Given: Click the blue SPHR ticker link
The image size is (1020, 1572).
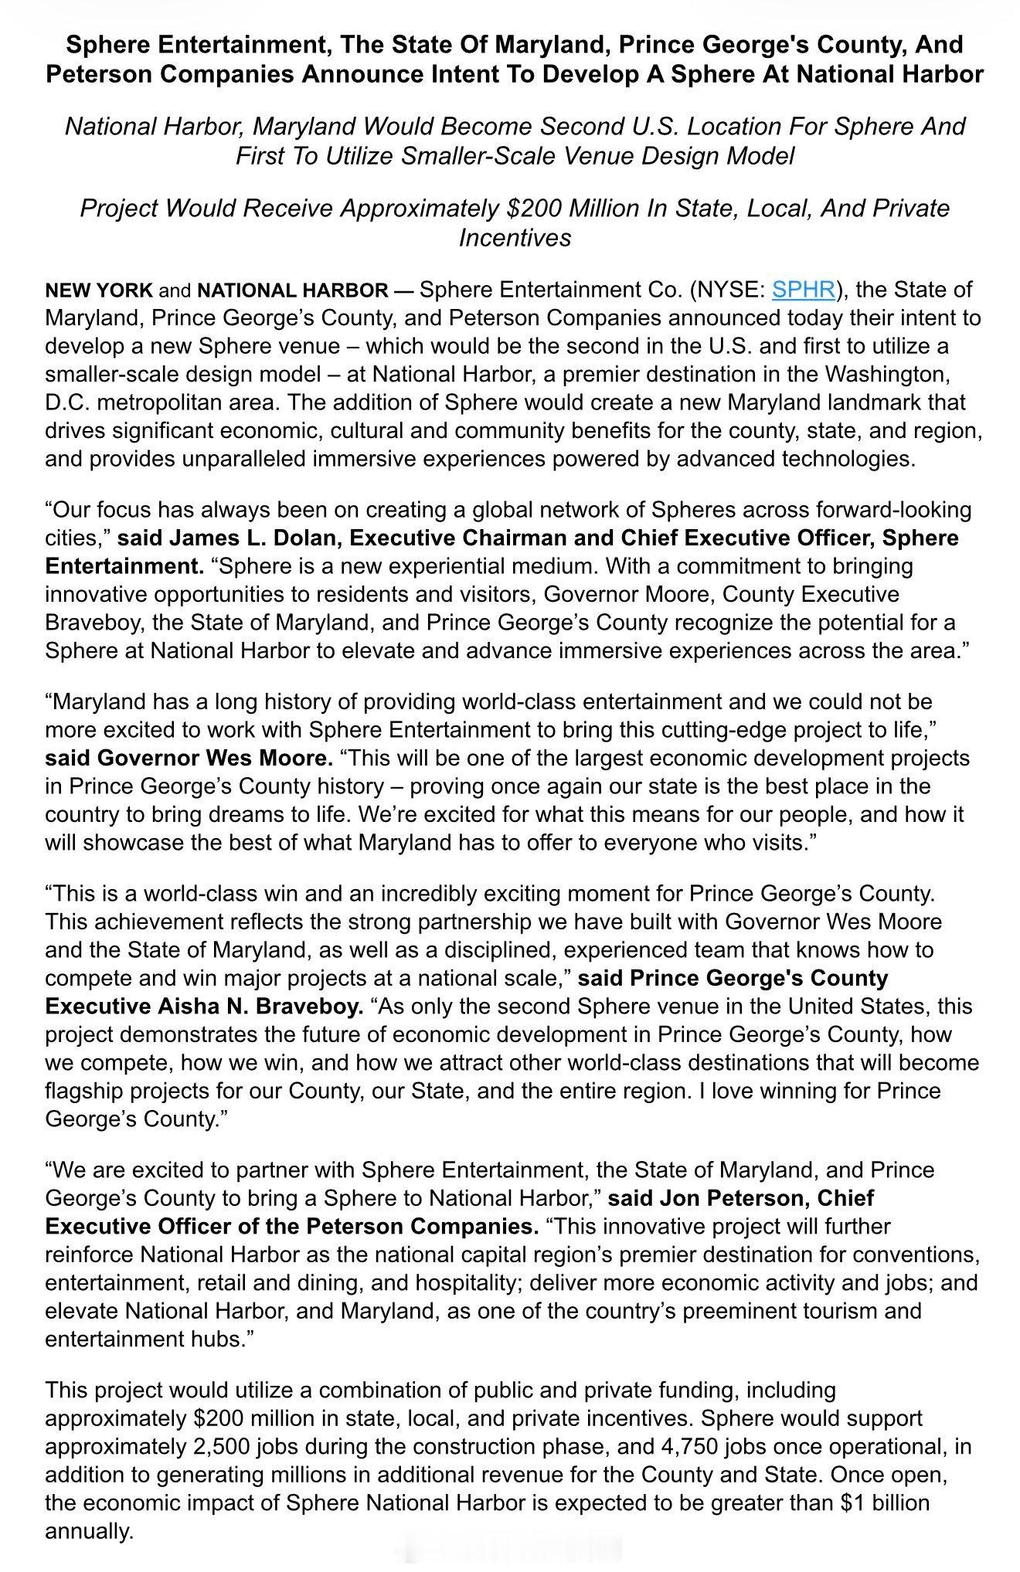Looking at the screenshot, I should click(803, 290).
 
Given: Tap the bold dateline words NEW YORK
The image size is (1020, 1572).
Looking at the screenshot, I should click(99, 290).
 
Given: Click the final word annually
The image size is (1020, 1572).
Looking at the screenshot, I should click(90, 1531).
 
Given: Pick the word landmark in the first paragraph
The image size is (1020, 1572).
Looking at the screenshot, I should click(885, 402).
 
